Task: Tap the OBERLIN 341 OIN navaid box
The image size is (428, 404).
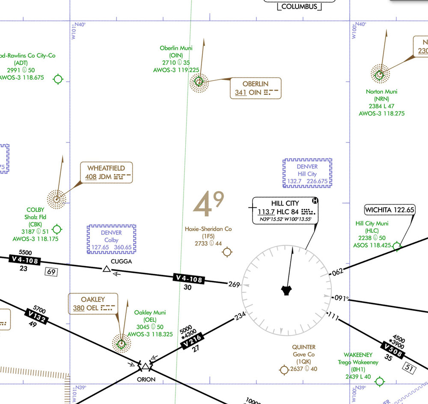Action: [x=256, y=88]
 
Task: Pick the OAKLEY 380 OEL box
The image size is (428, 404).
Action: [x=93, y=303]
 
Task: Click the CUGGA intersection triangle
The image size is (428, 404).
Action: [x=106, y=269]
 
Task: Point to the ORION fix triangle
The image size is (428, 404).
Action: [x=146, y=367]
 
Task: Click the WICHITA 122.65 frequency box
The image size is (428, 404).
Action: [x=389, y=210]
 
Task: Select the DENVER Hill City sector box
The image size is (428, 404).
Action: [x=307, y=174]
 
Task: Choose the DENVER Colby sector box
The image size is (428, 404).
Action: [x=111, y=239]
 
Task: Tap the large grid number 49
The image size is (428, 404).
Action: [x=208, y=203]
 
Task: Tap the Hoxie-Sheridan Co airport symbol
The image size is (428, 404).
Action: [x=228, y=252]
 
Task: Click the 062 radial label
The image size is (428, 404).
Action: [x=338, y=271]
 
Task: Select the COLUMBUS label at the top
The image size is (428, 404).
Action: [x=299, y=6]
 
